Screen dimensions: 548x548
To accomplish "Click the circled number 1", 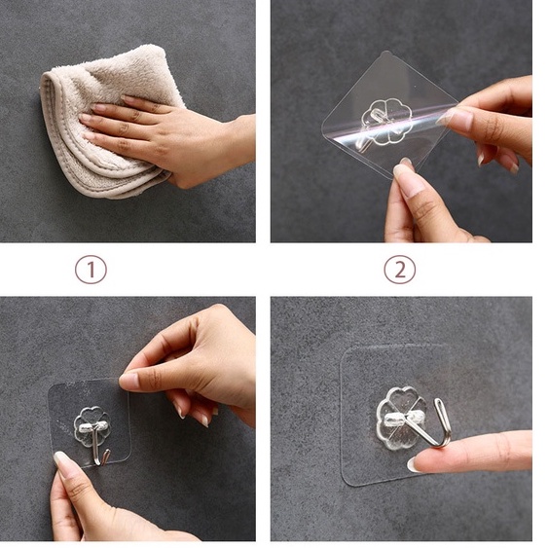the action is [91, 270].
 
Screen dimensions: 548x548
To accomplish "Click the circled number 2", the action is [400, 270].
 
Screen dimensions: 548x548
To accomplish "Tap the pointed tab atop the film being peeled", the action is [385, 55].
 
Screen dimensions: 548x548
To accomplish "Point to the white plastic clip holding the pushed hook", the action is [402, 418].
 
